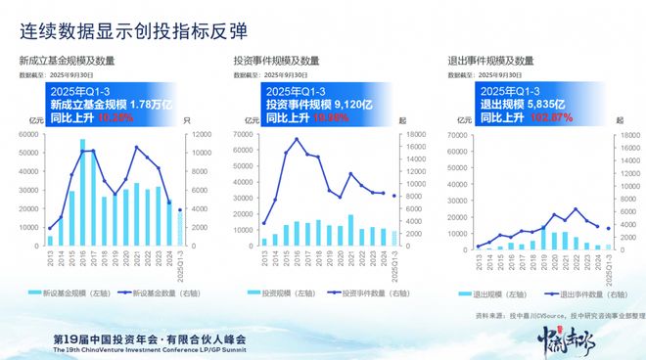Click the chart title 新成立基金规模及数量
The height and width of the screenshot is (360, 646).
(x=65, y=62)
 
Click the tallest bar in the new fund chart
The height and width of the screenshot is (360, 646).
(x=82, y=192)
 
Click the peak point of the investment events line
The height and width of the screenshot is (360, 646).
(x=297, y=139)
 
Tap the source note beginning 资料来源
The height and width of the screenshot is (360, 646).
(x=557, y=317)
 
